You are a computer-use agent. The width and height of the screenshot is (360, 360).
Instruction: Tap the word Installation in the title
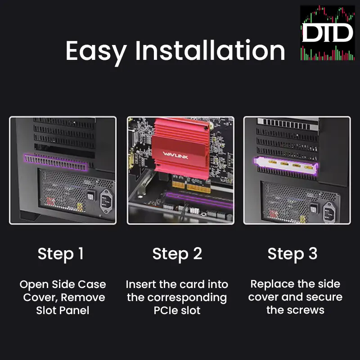pos(210,50)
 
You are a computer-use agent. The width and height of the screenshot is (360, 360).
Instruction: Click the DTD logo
pos(327,33)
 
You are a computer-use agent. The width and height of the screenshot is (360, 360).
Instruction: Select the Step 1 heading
pos(61,254)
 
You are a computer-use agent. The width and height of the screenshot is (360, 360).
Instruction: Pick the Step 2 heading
pos(177,254)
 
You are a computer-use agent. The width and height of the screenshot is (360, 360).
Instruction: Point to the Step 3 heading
pos(292,254)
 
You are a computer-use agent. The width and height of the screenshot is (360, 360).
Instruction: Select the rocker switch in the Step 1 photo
pos(91,197)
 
